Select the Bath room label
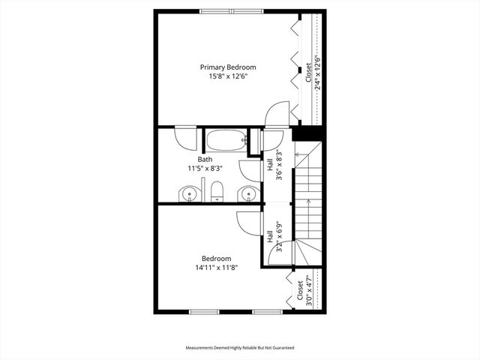[x=205, y=159]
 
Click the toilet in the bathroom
[x=217, y=192]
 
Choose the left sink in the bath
[x=190, y=195]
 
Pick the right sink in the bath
[x=247, y=195]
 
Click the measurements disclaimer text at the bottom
[x=240, y=348]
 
